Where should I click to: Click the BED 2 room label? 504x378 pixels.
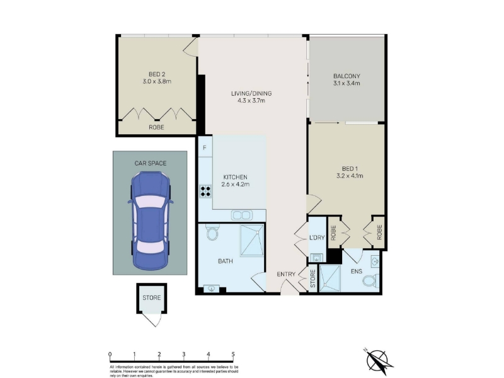click(x=157, y=74)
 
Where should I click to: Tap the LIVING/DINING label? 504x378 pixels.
click(x=251, y=93)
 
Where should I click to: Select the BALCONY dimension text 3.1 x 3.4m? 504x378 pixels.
click(x=346, y=83)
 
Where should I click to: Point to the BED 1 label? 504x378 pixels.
click(x=350, y=169)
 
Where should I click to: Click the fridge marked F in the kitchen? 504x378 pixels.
click(x=205, y=148)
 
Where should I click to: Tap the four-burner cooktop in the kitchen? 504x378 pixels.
click(x=205, y=191)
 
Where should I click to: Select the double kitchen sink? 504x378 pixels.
click(x=241, y=215)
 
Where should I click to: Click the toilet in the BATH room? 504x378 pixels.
click(x=212, y=232)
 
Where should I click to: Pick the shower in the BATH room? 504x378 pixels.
click(x=253, y=241)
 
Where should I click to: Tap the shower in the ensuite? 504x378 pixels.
click(x=329, y=278)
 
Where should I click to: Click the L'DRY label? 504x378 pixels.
click(x=317, y=238)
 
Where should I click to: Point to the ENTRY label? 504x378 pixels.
click(x=286, y=274)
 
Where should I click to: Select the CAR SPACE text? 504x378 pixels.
click(x=151, y=163)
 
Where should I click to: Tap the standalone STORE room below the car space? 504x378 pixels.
click(x=152, y=298)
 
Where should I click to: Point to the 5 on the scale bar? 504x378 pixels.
click(x=233, y=355)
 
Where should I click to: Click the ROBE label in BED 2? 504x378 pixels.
click(x=156, y=128)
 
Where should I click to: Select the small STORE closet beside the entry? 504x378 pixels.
click(x=312, y=278)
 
